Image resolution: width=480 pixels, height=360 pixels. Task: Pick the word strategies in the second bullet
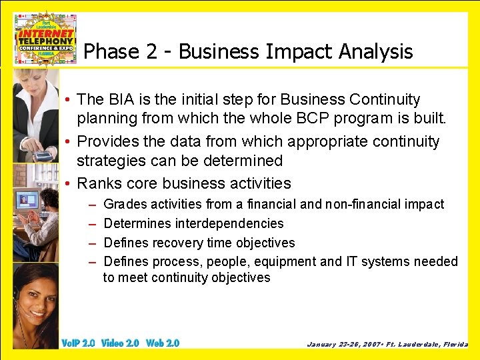pos(110,161)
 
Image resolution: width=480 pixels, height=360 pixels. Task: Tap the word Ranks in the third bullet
pos(97,183)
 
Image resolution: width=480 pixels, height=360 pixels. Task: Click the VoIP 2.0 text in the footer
pos(78,343)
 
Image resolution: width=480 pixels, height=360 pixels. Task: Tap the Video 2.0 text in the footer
pos(120,343)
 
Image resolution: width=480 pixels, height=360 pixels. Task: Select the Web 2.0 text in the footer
pos(163,343)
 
